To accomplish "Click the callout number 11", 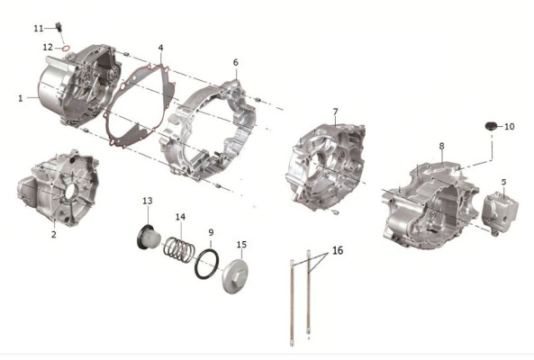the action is coord(38,28).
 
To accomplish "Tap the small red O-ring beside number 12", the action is coord(67,48).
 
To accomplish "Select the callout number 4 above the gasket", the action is coord(161,48).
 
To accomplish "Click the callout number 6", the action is coord(236,63).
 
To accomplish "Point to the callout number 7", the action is coord(336,112).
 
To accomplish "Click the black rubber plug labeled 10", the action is coord(491,125).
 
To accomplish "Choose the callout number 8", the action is coord(442,146).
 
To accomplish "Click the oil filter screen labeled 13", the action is coord(149,237).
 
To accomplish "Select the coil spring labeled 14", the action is coord(179,249).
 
